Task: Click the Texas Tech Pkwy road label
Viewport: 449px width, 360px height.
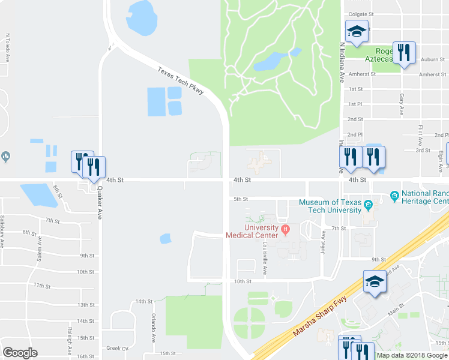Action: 181,80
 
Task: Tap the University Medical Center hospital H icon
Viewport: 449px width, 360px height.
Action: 286,228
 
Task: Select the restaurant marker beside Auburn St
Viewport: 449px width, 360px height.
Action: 404,52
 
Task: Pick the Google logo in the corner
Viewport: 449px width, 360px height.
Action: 20,353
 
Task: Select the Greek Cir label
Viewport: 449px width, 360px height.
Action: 118,348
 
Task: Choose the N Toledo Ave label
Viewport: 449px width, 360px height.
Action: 8,47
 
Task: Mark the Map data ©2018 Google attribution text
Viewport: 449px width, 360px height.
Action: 412,355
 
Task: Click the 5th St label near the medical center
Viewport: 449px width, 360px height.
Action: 241,199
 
